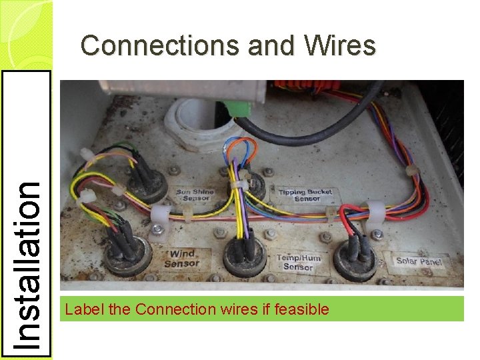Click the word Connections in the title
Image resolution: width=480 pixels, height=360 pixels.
pos(160,46)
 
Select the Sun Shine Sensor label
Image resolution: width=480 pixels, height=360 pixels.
pos(195,195)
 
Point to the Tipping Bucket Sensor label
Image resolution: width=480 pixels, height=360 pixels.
pos(308,195)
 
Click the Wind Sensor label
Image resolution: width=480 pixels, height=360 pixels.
pos(183,258)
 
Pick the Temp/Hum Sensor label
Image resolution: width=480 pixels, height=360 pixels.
pos(297,262)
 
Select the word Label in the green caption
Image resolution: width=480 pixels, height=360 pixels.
pos(82,309)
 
